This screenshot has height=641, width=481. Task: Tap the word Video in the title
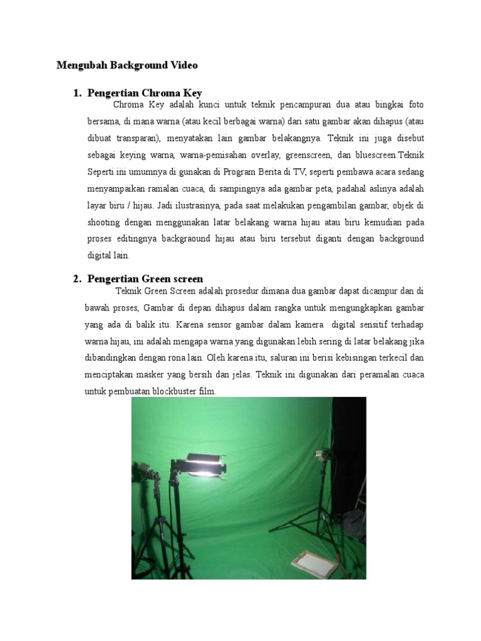[182, 65]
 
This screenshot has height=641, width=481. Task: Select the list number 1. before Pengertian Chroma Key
[78, 93]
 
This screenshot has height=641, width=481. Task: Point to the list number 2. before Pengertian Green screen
[78, 279]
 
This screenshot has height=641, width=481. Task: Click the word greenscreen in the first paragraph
[309, 154]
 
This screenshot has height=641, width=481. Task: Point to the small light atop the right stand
[323, 454]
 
